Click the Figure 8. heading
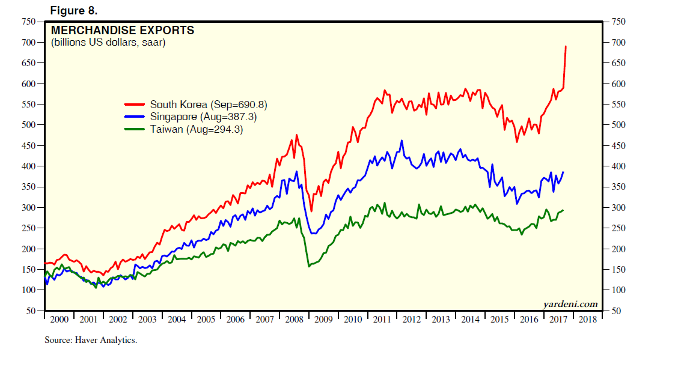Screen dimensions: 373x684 pos(73,11)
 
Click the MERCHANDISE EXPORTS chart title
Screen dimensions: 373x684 pos(123,30)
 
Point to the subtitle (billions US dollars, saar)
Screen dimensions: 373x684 pos(108,43)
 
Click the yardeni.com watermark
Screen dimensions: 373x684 pos(570,304)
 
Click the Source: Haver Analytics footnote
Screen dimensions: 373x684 pos(91,341)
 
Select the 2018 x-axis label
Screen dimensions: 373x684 pos(587,320)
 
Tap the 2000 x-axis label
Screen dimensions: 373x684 pos(59,320)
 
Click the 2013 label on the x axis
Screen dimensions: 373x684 pos(441,320)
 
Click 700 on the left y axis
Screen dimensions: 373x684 pos(28,43)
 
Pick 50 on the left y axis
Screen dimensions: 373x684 pos(31,311)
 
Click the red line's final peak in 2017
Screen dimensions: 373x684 pos(566,46)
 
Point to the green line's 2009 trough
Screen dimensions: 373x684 pos(309,266)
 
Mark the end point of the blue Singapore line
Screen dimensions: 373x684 pos(563,172)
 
